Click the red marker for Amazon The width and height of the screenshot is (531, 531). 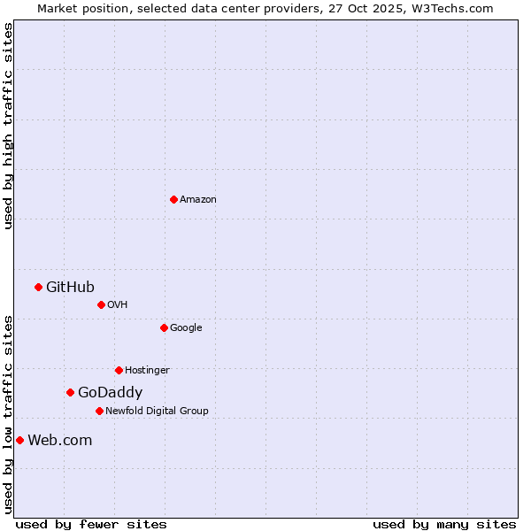(x=173, y=199)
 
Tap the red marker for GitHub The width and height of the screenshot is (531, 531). (x=38, y=287)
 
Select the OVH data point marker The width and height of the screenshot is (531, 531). (x=101, y=304)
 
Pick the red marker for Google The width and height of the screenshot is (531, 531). (x=164, y=327)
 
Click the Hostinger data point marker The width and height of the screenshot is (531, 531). (x=119, y=370)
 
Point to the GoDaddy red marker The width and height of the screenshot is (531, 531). (x=70, y=392)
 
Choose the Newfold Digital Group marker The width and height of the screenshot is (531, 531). (x=99, y=411)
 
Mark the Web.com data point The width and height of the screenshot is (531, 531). (x=19, y=440)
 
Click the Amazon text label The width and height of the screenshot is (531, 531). (x=198, y=200)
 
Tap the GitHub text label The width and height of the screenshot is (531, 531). (x=70, y=287)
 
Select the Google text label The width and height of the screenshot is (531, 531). (x=186, y=328)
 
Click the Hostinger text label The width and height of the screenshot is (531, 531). (x=147, y=371)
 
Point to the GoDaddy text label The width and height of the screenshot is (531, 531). (x=110, y=393)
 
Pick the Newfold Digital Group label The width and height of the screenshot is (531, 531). (x=157, y=412)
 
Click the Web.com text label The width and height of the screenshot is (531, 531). (x=59, y=441)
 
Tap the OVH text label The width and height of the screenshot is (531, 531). (x=117, y=305)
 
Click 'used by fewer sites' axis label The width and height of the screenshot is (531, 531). (x=91, y=524)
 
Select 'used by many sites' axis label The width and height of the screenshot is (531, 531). (x=444, y=524)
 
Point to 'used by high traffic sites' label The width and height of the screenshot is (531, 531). (x=8, y=126)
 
